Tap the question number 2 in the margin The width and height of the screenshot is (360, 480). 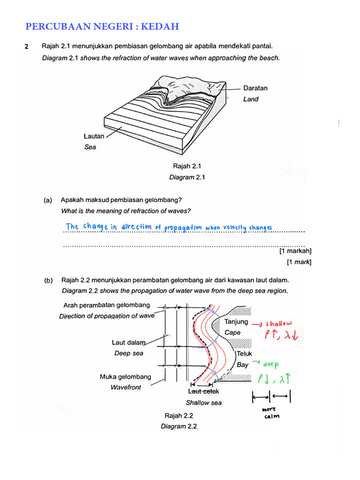click(x=27, y=46)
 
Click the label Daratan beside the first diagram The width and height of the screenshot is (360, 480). click(x=255, y=88)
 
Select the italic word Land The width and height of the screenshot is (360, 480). click(x=251, y=99)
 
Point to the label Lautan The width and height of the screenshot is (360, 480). click(x=94, y=136)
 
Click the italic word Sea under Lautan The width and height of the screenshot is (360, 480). click(x=90, y=147)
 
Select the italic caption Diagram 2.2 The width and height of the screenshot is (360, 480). click(x=179, y=427)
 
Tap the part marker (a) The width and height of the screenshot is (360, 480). click(x=48, y=200)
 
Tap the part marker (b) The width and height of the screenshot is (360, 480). click(x=48, y=280)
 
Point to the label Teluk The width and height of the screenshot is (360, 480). click(x=245, y=354)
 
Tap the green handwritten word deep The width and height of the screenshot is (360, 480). click(x=271, y=364)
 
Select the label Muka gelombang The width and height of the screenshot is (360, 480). click(x=125, y=377)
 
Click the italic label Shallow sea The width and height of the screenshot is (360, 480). click(x=203, y=403)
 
